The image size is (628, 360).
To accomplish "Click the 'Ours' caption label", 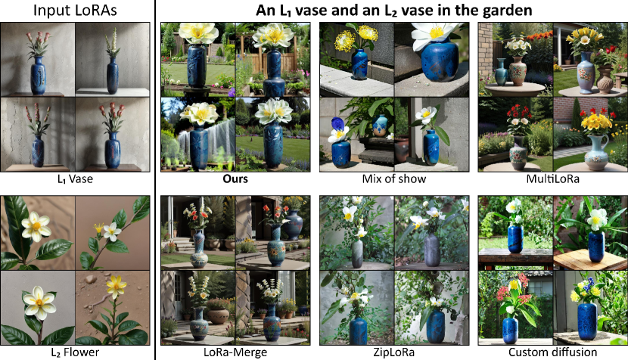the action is click(235, 178).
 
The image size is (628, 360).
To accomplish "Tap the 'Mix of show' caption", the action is click(393, 178).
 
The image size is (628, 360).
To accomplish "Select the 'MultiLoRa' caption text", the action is click(552, 178).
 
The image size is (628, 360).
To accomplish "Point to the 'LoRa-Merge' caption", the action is click(235, 352).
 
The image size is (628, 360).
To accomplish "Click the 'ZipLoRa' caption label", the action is click(393, 352).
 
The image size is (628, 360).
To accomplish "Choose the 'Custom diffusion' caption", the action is click(552, 352).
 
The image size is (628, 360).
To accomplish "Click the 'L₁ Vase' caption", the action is click(75, 178).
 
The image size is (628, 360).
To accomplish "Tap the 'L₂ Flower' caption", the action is click(75, 352).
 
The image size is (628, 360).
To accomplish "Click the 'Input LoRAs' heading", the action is click(75, 11).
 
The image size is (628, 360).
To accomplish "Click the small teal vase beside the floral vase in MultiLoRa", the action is click(501, 72).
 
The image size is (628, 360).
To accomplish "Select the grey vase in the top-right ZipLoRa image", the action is click(432, 250).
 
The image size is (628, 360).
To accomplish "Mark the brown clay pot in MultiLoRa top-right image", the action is click(605, 79).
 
